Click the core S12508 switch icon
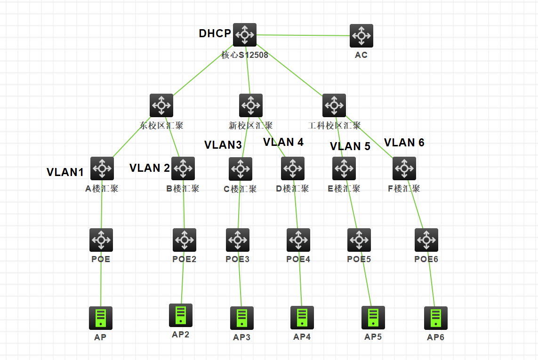coord(245,35)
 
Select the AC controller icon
coord(361,36)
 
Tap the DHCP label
coord(215,33)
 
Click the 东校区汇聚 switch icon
coord(161,105)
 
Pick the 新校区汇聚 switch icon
coord(251,105)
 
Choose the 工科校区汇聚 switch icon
coord(334,105)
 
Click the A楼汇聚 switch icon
coord(102,168)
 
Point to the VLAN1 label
coord(65,172)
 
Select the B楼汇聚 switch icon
coord(183,168)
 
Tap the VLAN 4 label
coord(283,142)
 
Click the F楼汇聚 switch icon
coord(404,168)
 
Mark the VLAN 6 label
coord(404,143)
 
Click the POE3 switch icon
coord(238,240)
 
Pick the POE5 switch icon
coord(359,240)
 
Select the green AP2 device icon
coord(181,315)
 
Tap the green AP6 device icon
coord(436,318)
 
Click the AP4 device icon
coord(302,318)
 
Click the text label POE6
coord(426,259)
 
